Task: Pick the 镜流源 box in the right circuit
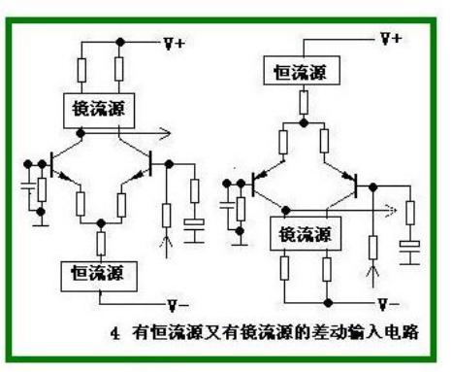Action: point(302,233)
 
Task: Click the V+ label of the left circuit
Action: point(176,43)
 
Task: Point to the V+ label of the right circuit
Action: point(391,39)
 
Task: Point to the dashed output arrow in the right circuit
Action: point(389,207)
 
